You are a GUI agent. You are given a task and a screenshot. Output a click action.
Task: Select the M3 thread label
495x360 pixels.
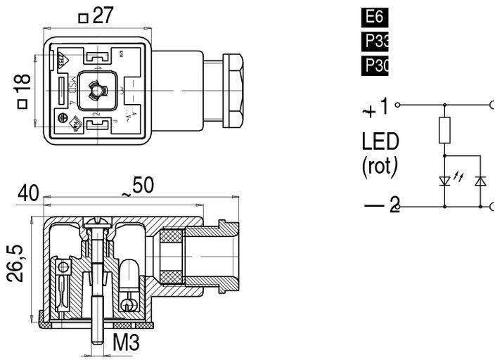click(x=126, y=344)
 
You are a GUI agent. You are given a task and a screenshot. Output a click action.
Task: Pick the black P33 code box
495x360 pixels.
click(x=375, y=41)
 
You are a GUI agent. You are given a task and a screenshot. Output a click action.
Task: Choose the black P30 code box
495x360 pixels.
click(x=375, y=66)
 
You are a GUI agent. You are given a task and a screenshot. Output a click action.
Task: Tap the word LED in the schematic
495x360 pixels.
click(x=380, y=142)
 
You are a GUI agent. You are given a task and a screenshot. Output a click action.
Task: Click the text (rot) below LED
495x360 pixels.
click(x=380, y=167)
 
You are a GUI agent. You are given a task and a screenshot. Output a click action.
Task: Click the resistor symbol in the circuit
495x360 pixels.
click(x=445, y=130)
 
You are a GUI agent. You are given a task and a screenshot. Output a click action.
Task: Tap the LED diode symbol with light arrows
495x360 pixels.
click(x=445, y=181)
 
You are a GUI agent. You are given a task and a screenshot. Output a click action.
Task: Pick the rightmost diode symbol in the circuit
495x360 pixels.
click(x=481, y=181)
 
